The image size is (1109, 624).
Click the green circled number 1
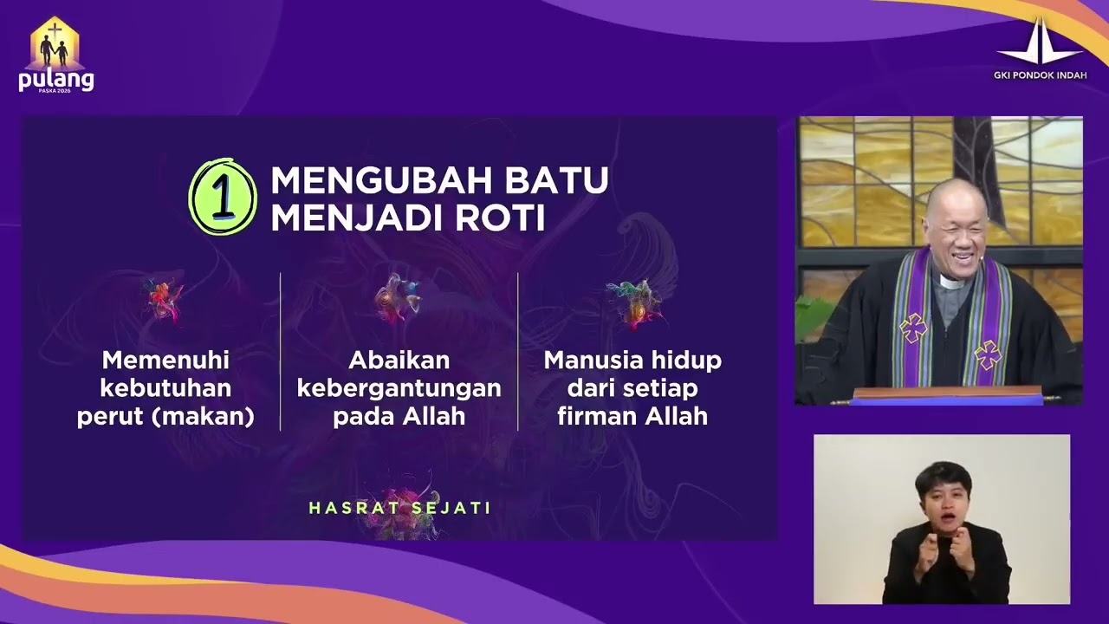click(223, 197)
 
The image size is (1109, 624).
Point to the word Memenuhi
click(165, 360)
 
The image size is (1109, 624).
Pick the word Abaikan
click(399, 360)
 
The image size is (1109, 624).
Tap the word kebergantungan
click(399, 388)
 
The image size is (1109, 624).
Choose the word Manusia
click(590, 360)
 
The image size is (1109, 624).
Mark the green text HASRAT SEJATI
click(400, 508)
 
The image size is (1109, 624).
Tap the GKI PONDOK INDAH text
click(1040, 75)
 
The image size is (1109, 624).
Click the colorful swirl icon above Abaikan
click(398, 298)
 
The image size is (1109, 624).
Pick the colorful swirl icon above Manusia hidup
click(635, 302)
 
